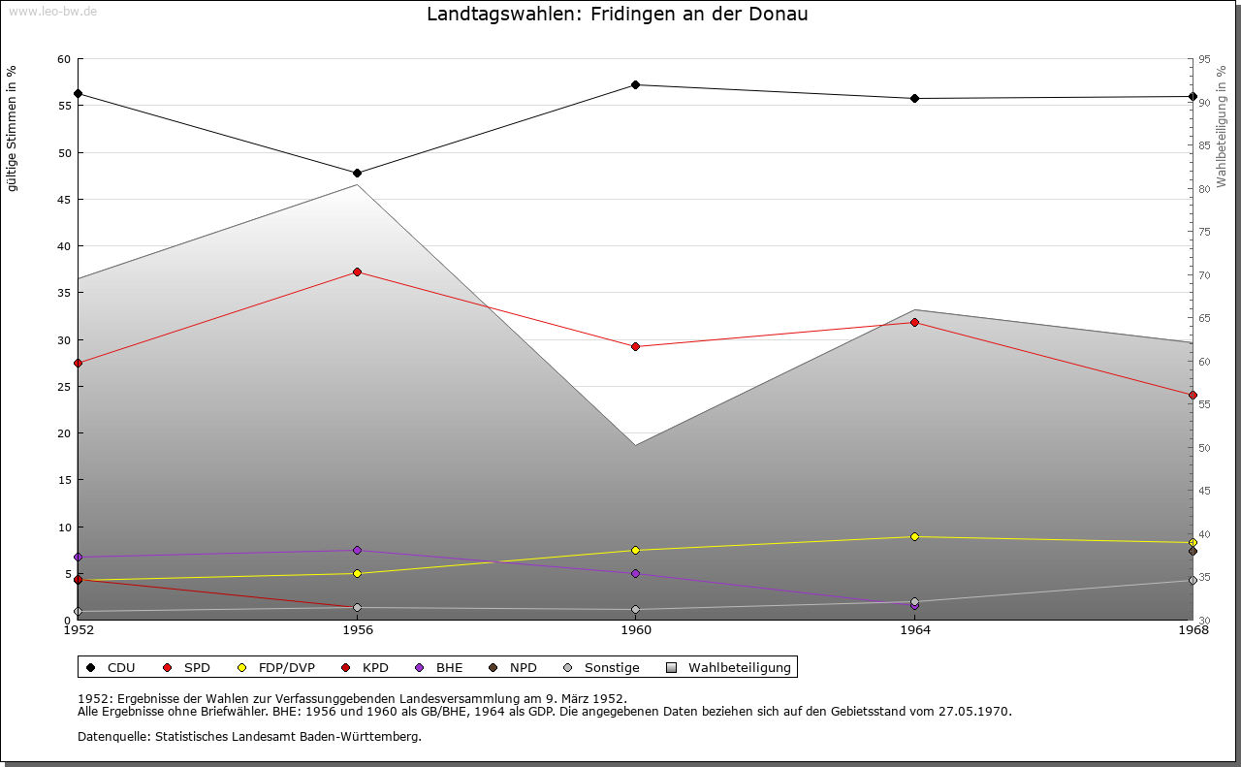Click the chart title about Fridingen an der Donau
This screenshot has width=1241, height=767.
click(x=617, y=15)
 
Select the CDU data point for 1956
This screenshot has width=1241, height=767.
click(x=357, y=174)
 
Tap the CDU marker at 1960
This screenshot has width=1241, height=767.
click(x=636, y=85)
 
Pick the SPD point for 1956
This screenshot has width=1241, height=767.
click(x=357, y=272)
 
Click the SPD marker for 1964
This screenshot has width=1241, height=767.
click(x=914, y=323)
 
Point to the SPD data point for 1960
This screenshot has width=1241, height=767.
click(x=636, y=346)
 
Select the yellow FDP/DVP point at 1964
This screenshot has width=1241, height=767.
click(x=914, y=537)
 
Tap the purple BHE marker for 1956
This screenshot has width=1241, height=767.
click(x=357, y=551)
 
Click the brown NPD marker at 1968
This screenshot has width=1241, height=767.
click(x=1193, y=551)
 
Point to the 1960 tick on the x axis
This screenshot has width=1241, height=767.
click(x=636, y=630)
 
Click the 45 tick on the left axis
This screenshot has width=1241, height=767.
click(x=64, y=200)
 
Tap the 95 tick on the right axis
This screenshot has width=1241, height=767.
click(x=1204, y=59)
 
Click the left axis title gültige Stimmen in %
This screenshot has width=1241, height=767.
click(x=12, y=128)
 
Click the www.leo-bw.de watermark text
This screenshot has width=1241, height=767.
click(x=49, y=9)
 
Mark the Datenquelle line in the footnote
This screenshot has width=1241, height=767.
click(x=249, y=736)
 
